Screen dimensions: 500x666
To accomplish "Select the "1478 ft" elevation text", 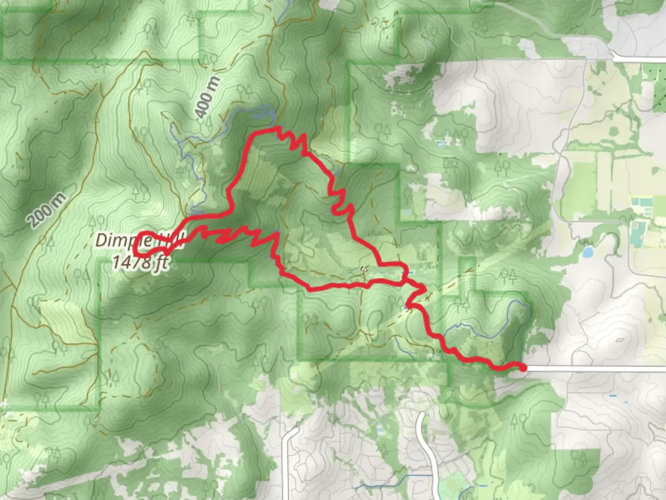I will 140,262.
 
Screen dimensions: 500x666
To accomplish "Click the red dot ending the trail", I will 523,368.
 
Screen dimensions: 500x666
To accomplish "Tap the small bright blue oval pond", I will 588,252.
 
